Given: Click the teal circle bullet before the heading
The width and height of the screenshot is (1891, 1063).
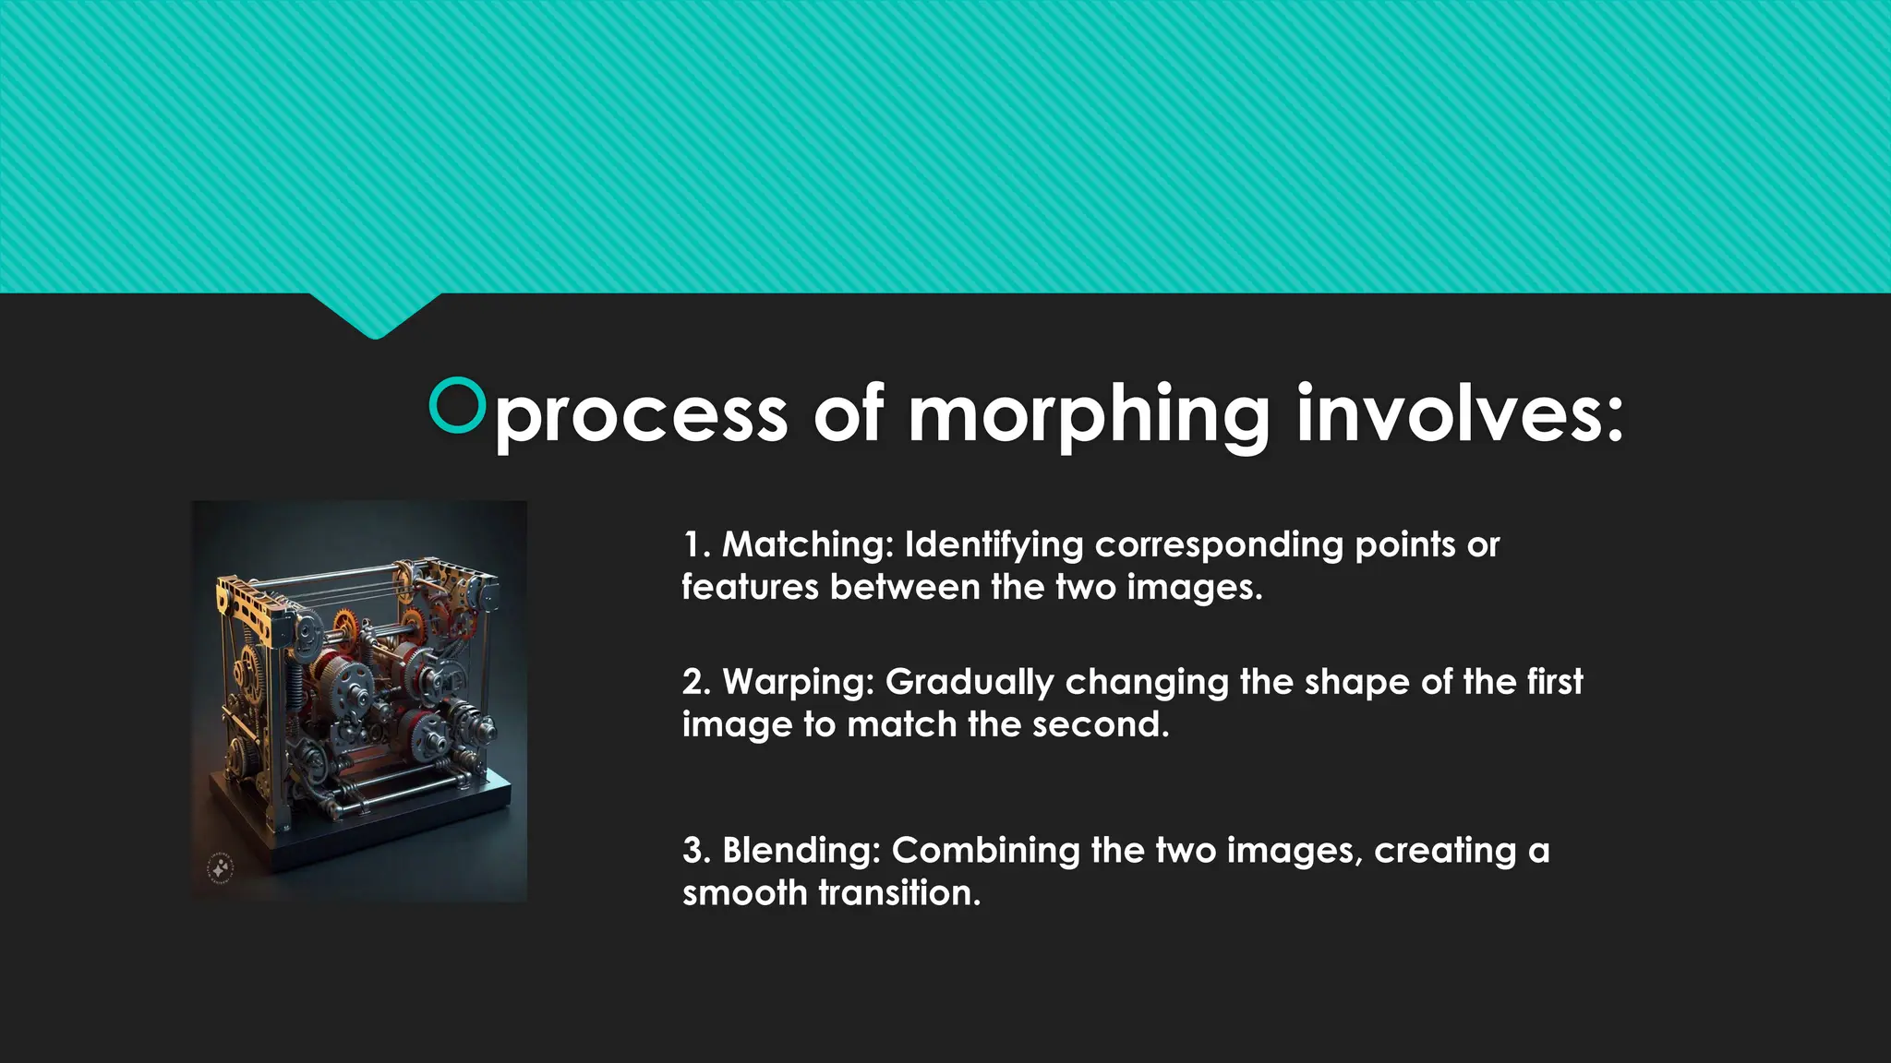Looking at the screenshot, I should click(457, 405).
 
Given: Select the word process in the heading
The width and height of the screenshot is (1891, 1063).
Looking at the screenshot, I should click(642, 415).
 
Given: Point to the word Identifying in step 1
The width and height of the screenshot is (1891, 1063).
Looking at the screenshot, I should click(994, 544).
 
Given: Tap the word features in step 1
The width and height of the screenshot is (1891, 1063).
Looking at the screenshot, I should click(751, 587).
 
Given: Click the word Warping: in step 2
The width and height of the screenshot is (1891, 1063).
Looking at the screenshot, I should click(798, 682).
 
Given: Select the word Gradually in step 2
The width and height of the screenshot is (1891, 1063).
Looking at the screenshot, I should click(970, 683).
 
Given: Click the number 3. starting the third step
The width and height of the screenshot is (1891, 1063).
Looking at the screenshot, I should click(696, 850).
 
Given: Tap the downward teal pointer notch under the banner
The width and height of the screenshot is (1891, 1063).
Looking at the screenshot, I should click(375, 318).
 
